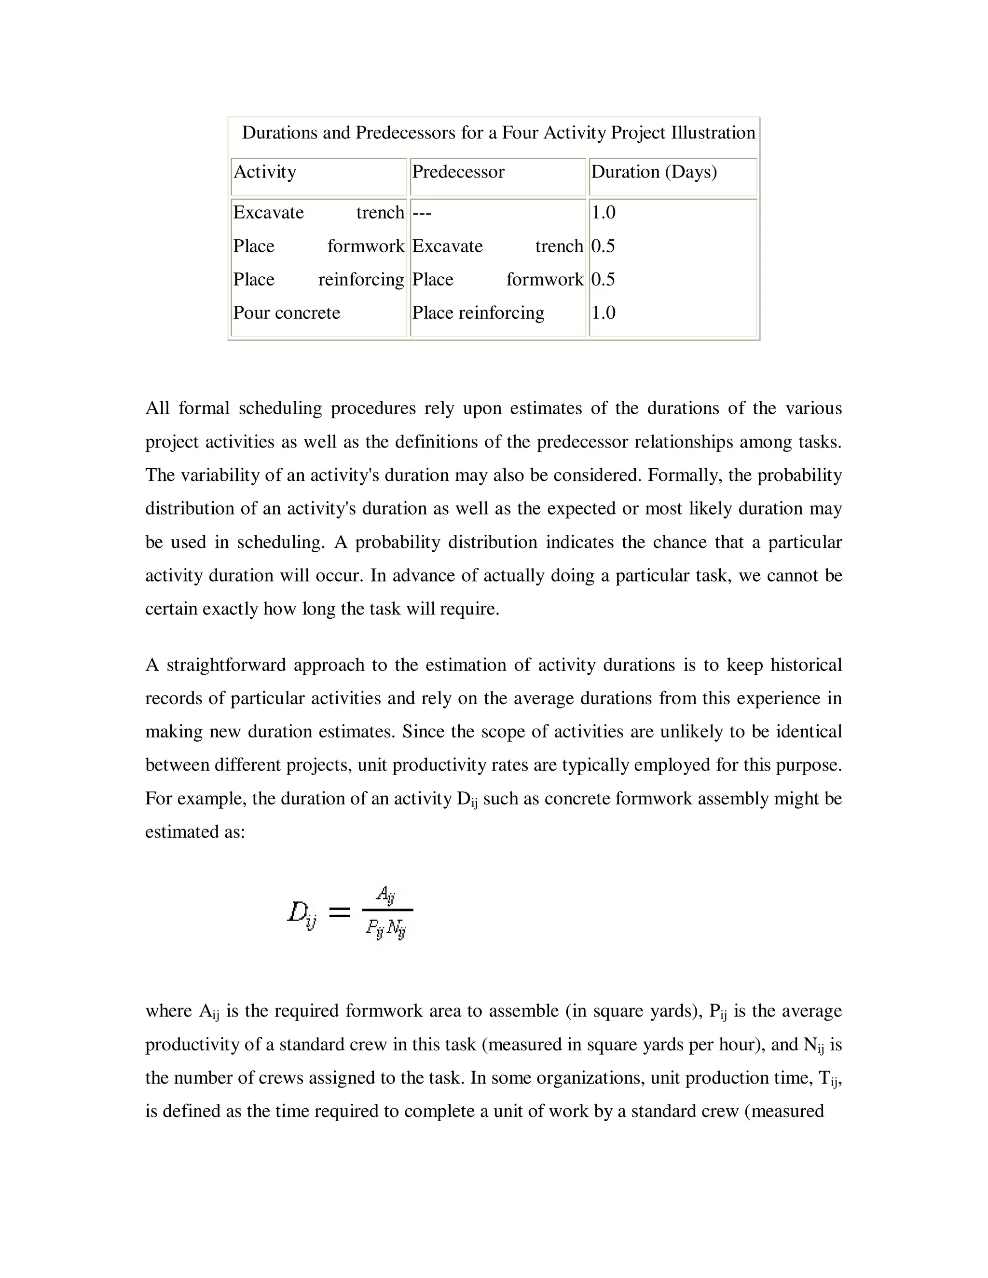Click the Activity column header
coord(264,172)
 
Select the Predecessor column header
coord(458,172)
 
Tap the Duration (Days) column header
coord(654,172)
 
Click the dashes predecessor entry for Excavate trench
coord(422,212)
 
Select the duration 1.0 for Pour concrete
coord(603,313)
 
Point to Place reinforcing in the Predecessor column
coord(478,313)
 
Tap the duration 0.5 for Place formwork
coord(603,246)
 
